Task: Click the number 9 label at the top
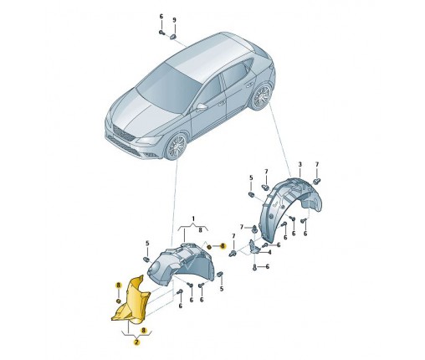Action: (x=175, y=20)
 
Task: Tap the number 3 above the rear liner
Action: (x=300, y=164)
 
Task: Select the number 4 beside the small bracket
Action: (x=269, y=253)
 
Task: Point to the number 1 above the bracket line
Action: (x=193, y=219)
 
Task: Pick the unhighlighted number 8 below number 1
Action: (x=200, y=230)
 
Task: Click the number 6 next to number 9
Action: (x=161, y=17)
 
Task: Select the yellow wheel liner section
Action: (x=131, y=301)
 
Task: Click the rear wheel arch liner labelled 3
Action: (x=290, y=208)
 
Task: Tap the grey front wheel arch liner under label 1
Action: (x=182, y=264)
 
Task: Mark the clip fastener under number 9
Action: (x=173, y=36)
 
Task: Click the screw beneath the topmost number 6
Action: (x=161, y=33)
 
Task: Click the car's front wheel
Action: (x=176, y=147)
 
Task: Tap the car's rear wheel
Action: (x=260, y=97)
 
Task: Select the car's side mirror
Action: (x=202, y=107)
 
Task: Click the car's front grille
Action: (x=123, y=132)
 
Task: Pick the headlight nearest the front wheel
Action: (x=149, y=140)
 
